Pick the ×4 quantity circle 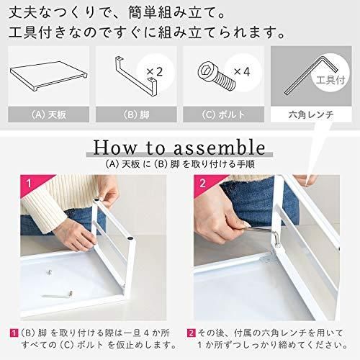tap(243, 72)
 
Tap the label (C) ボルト tap(224, 114)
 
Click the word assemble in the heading tap(220, 148)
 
